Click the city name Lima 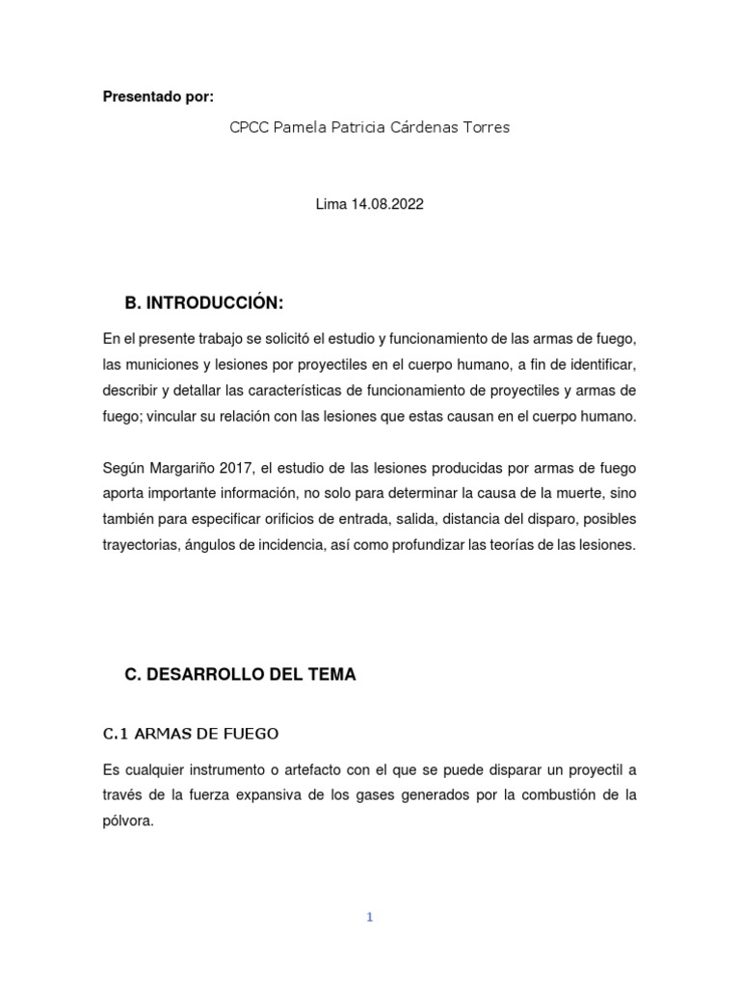pos(330,204)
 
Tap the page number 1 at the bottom pos(369,918)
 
